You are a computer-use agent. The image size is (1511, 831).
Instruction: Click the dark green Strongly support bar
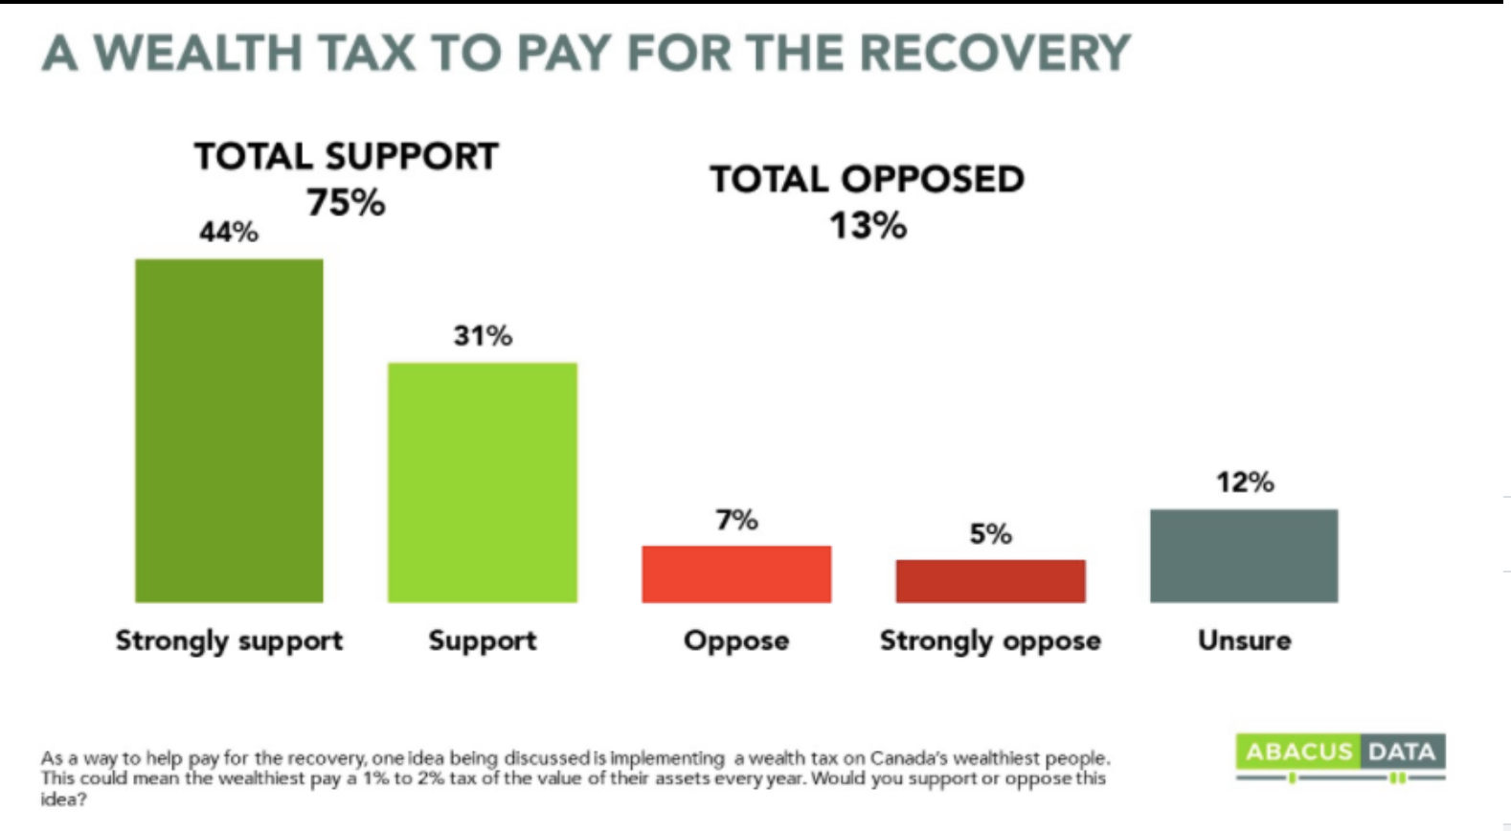coord(229,431)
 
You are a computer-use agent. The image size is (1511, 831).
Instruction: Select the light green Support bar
coord(482,483)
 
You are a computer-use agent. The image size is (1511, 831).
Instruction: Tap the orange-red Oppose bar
coord(736,573)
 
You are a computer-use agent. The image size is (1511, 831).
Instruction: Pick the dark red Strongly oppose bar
coord(990,581)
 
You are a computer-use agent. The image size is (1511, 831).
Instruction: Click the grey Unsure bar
coord(1244,555)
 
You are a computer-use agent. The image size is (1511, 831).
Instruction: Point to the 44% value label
coord(229,232)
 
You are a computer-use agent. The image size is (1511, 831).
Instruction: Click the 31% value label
coord(483,335)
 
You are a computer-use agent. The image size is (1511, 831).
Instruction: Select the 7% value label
coord(736,520)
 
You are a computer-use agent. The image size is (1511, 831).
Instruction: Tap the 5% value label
coord(990,533)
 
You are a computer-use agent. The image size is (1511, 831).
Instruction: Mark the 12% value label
coord(1245,482)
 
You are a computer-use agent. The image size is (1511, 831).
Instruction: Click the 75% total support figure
coord(346,202)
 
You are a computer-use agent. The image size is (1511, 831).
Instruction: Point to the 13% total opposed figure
coord(868,226)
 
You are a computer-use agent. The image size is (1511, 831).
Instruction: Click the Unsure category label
coord(1244,640)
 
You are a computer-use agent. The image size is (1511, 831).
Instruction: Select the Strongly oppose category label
coord(990,640)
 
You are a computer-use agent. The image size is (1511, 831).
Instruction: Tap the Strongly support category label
coord(229,640)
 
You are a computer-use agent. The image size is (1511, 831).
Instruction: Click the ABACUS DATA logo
coord(1341,753)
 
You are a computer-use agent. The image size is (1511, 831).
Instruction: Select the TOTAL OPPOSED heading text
coord(867,179)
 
